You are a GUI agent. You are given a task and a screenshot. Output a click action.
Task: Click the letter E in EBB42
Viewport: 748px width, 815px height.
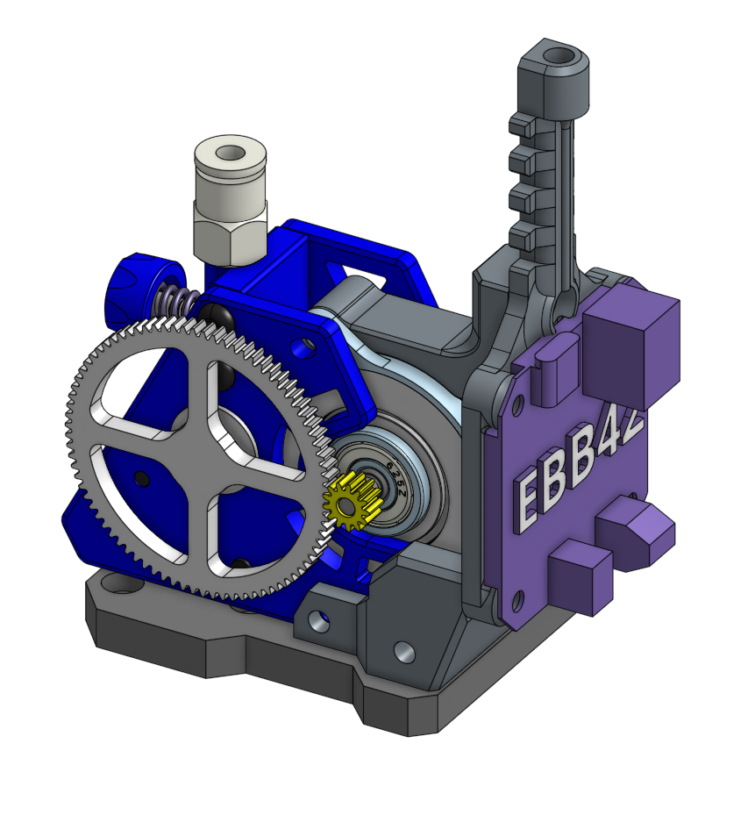pos(531,497)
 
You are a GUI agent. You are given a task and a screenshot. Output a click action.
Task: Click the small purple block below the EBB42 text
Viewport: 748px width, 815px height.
pos(580,576)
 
